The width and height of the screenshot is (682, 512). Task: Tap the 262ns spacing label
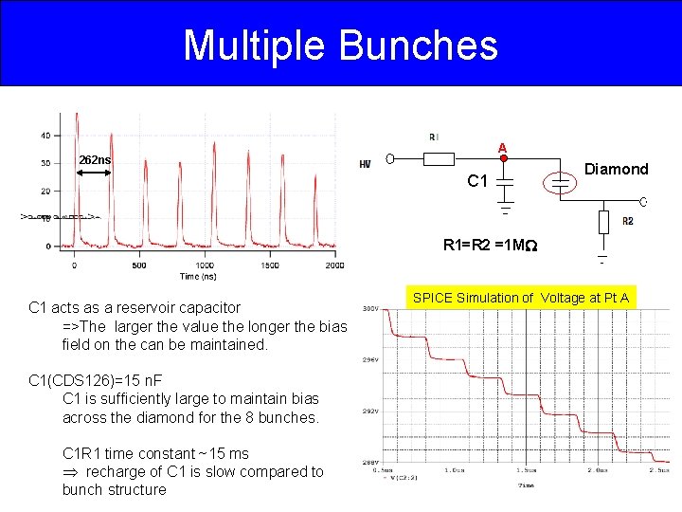[95, 159]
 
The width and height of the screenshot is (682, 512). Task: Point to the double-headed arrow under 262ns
[96, 172]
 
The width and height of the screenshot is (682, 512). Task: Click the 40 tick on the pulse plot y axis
[45, 136]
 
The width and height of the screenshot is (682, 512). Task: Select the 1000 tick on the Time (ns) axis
[205, 265]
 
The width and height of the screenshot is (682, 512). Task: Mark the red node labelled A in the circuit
[504, 159]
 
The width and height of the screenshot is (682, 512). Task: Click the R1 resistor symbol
[432, 158]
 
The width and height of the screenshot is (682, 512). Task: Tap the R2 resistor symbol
[603, 222]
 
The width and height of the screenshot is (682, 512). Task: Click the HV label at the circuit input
[365, 164]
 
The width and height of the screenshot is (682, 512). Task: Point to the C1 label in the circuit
[478, 180]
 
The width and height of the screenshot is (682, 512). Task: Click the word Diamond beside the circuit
[616, 169]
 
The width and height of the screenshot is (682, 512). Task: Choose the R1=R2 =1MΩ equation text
[491, 245]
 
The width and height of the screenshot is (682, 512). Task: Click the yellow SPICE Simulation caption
[520, 298]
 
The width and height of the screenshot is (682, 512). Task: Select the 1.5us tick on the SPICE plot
[527, 469]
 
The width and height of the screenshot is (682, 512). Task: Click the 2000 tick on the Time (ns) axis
[334, 265]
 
